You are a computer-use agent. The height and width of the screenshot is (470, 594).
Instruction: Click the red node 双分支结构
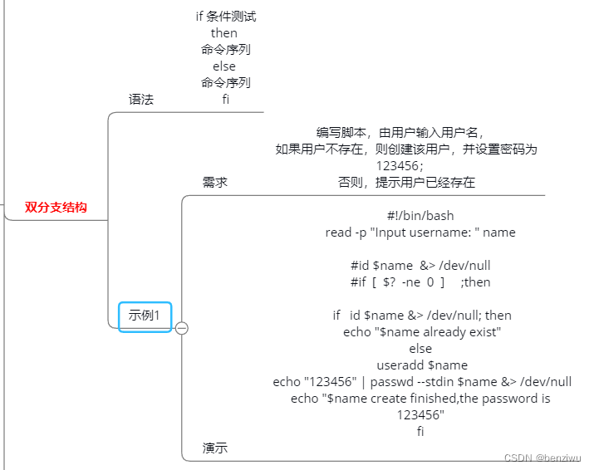[56, 208]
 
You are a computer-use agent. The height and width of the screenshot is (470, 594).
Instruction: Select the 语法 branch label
[141, 100]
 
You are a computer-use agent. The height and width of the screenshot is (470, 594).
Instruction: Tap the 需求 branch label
[215, 183]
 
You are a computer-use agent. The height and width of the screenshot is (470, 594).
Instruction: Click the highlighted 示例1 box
[145, 316]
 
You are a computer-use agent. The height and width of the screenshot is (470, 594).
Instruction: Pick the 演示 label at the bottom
[215, 448]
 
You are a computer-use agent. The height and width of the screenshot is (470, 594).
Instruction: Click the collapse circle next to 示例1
[182, 328]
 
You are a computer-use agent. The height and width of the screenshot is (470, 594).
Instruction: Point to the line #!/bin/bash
[420, 216]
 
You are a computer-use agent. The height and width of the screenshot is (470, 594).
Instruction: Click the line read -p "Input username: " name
[420, 233]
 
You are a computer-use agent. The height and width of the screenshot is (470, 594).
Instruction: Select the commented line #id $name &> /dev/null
[420, 266]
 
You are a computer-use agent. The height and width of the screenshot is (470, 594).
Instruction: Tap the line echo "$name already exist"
[421, 332]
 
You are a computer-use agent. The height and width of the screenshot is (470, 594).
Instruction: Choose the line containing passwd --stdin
[422, 382]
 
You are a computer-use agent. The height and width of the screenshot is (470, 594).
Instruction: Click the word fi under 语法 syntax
[225, 100]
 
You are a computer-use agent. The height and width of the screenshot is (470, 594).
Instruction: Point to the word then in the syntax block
[224, 33]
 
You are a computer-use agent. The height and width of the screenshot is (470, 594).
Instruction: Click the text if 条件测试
[225, 17]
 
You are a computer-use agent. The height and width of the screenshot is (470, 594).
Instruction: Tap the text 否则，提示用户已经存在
[406, 183]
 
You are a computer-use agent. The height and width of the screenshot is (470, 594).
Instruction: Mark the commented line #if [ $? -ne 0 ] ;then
[420, 282]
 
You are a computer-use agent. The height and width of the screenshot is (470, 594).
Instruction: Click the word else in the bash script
[420, 349]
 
